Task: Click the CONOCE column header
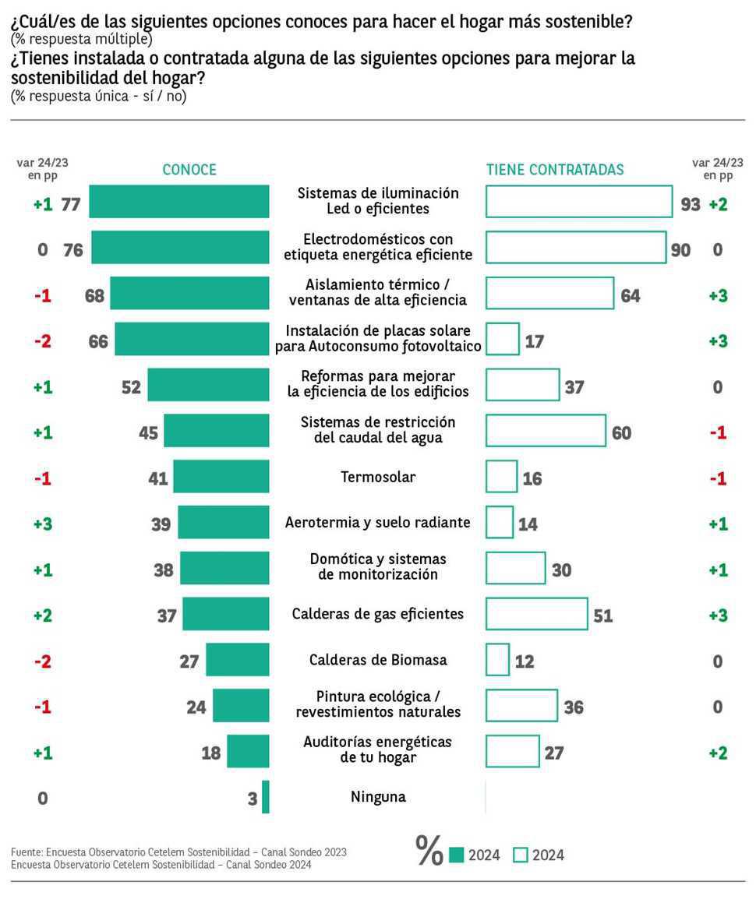[189, 170]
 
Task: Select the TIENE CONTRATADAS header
[555, 170]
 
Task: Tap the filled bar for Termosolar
[221, 476]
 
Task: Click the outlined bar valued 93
[579, 201]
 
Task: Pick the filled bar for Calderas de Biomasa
[238, 660]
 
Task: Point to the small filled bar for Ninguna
[266, 797]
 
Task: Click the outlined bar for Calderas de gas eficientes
[537, 614]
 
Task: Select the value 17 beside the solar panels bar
[534, 340]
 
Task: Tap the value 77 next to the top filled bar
[71, 204]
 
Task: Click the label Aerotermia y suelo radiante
[377, 522]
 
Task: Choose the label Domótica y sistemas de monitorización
[378, 566]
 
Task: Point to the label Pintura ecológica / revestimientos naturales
[378, 704]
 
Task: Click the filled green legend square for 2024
[457, 855]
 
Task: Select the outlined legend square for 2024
[521, 855]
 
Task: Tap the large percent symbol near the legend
[429, 851]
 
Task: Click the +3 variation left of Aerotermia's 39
[42, 524]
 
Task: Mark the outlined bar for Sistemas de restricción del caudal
[546, 430]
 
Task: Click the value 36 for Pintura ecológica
[574, 707]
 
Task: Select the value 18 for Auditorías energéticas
[210, 753]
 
